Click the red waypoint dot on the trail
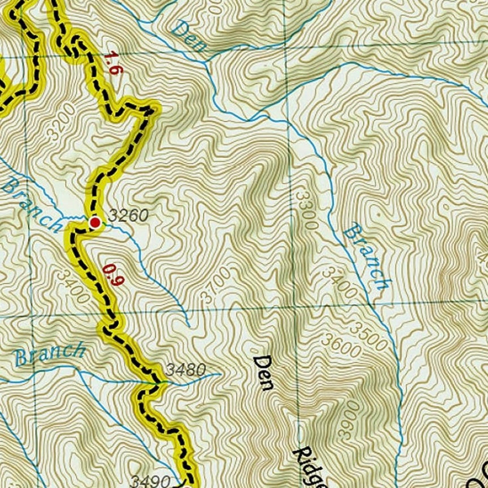(x=95, y=222)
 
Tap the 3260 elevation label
(x=128, y=216)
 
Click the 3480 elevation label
(x=186, y=371)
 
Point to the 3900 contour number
(x=349, y=419)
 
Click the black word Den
(x=263, y=372)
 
